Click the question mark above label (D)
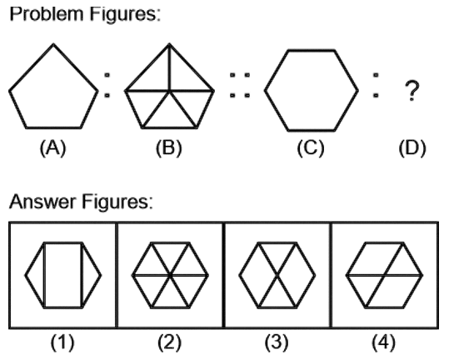tap(412, 91)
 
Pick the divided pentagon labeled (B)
tap(169, 86)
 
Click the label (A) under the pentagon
tap(53, 148)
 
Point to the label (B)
tap(169, 148)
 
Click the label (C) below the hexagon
tap(311, 148)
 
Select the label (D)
tap(412, 148)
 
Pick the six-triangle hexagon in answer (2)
tap(170, 275)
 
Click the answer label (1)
tap(62, 342)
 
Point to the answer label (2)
tap(170, 342)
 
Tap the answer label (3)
tap(277, 342)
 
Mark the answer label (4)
tap(384, 342)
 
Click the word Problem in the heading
tap(46, 13)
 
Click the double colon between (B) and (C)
tap(240, 85)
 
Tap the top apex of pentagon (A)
tap(53, 44)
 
